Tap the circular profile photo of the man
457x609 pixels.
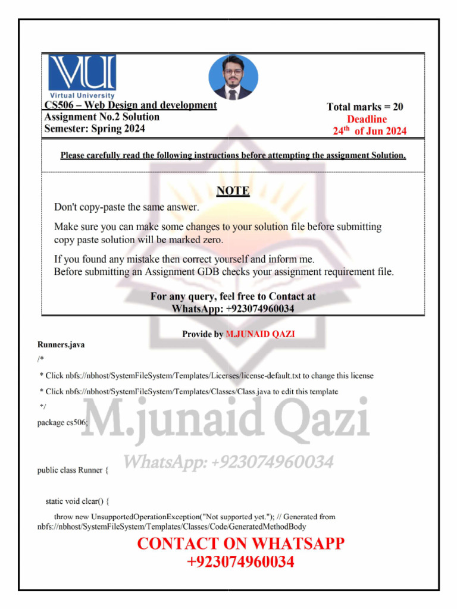(x=233, y=77)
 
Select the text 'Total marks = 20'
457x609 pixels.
(x=365, y=107)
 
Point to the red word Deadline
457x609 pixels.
(x=367, y=120)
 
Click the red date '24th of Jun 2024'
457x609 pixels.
(x=369, y=131)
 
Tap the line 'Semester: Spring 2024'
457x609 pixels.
(x=95, y=128)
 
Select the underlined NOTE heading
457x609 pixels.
(x=232, y=191)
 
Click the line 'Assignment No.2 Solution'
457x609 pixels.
(x=102, y=117)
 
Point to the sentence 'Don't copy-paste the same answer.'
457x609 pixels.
(x=126, y=208)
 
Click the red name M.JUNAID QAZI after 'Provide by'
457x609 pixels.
(x=260, y=334)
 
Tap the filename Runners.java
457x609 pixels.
(x=57, y=344)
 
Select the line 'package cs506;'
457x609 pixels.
(x=63, y=422)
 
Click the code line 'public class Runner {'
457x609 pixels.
(x=73, y=470)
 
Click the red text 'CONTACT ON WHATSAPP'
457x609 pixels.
(x=240, y=544)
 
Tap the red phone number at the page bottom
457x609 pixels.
(x=240, y=562)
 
